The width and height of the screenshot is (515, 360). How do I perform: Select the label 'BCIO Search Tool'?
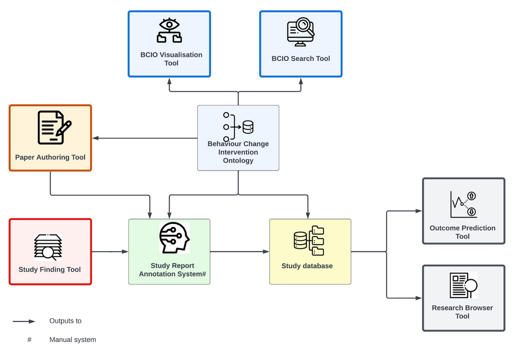click(x=300, y=59)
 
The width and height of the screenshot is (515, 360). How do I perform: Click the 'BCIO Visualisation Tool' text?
click(x=171, y=59)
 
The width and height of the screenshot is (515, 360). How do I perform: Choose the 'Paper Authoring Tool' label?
click(x=50, y=157)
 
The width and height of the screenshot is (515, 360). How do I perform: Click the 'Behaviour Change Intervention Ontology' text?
click(x=238, y=152)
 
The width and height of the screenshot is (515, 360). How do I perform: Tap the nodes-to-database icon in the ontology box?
click(x=238, y=127)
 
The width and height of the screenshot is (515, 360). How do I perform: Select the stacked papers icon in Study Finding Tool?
click(x=48, y=247)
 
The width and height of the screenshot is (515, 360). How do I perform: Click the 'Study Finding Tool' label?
click(x=50, y=270)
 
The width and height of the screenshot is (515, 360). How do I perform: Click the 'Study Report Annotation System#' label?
click(x=172, y=270)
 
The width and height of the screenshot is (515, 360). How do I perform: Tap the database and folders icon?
click(x=309, y=240)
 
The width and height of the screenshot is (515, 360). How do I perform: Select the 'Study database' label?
click(x=307, y=266)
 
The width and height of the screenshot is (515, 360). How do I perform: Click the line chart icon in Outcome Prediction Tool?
click(x=463, y=204)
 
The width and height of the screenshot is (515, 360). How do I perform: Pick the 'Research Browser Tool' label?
click(x=462, y=312)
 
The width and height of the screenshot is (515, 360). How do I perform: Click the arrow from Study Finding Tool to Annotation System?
click(x=110, y=252)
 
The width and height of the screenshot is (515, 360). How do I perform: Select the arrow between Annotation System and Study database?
click(x=240, y=252)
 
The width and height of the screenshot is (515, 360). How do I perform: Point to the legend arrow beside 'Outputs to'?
click(x=24, y=321)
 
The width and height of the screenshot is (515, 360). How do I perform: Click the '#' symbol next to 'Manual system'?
click(x=29, y=340)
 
